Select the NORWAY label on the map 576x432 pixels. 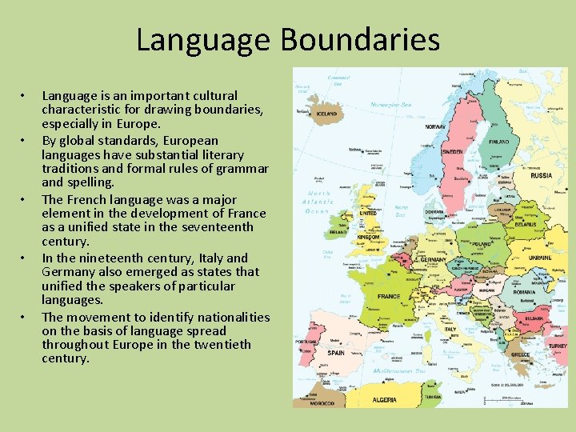[x=435, y=127]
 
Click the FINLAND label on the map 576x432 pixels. [x=499, y=142]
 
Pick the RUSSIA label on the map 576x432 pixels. [x=542, y=175]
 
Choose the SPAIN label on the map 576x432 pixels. [x=336, y=353]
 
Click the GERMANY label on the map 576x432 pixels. [x=434, y=260]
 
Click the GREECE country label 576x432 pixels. [x=521, y=354]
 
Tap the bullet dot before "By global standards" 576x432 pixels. [x=25, y=141]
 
